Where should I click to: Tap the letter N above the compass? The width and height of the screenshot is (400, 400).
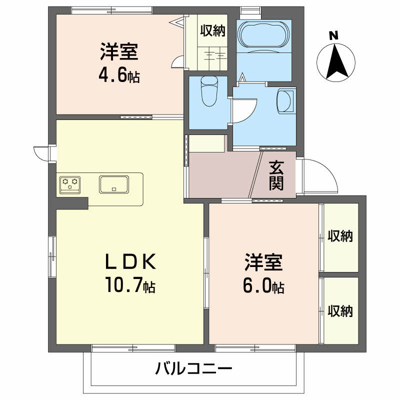333,35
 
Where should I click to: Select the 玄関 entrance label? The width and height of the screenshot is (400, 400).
276,175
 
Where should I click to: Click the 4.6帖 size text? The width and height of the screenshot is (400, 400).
118,77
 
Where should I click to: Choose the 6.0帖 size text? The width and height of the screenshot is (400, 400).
263,286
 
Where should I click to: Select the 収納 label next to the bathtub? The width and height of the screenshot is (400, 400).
213,31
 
